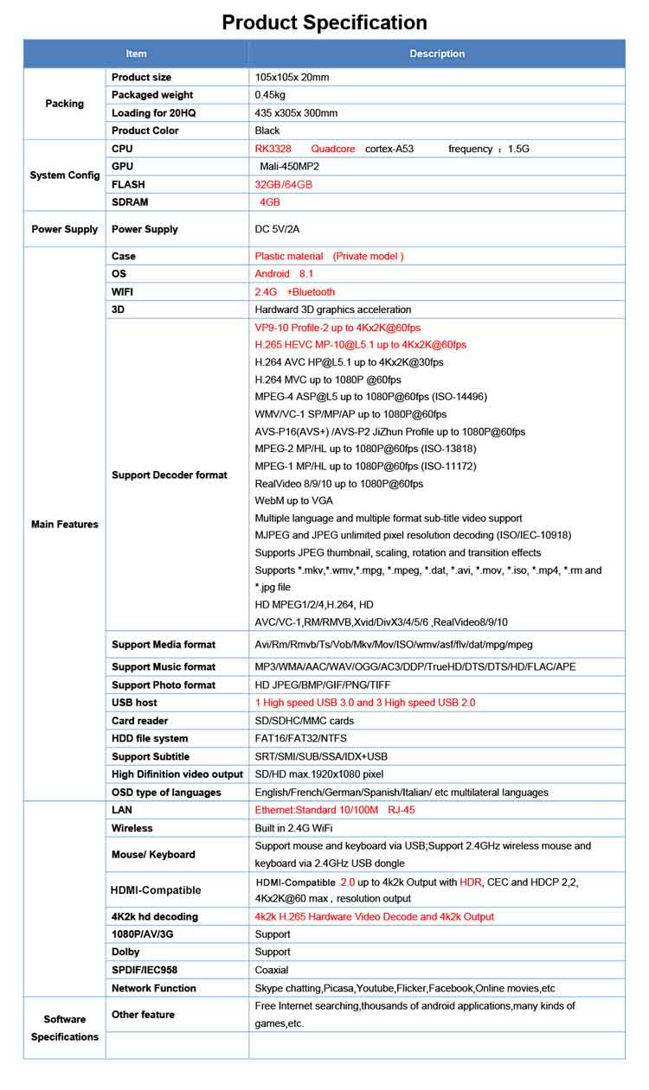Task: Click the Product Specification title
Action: tap(324, 22)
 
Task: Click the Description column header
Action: tap(437, 54)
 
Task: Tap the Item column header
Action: tap(137, 54)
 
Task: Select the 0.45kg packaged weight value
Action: tap(270, 95)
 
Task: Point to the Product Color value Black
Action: tap(267, 131)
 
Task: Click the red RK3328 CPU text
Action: tap(273, 149)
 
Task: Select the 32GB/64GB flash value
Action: tap(283, 184)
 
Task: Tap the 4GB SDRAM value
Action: tap(270, 202)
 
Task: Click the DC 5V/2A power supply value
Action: tap(277, 229)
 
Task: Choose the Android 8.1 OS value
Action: tap(284, 274)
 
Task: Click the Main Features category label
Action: tap(65, 525)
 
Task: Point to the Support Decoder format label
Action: tap(170, 475)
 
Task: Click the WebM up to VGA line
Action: tap(293, 500)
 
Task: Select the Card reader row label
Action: tap(140, 721)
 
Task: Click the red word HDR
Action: tap(470, 882)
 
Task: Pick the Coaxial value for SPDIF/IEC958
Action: tap(272, 970)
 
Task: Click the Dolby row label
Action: tap(125, 952)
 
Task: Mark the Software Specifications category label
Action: tap(65, 1028)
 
